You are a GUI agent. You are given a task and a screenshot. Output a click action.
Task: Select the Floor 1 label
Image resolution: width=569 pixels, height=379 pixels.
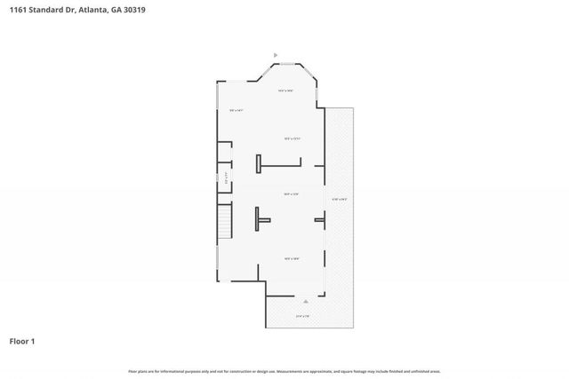22,341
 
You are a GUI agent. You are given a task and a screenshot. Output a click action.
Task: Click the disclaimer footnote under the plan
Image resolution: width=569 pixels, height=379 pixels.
284,371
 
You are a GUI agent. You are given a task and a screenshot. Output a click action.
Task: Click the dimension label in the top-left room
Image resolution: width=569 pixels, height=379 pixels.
236,110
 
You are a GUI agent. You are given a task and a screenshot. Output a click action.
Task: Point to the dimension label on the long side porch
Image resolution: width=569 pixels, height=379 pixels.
339,198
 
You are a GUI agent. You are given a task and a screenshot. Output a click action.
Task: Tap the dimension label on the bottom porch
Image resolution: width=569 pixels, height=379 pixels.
302,316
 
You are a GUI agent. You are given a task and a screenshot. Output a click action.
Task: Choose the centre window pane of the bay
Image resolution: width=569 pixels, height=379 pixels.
287,62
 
